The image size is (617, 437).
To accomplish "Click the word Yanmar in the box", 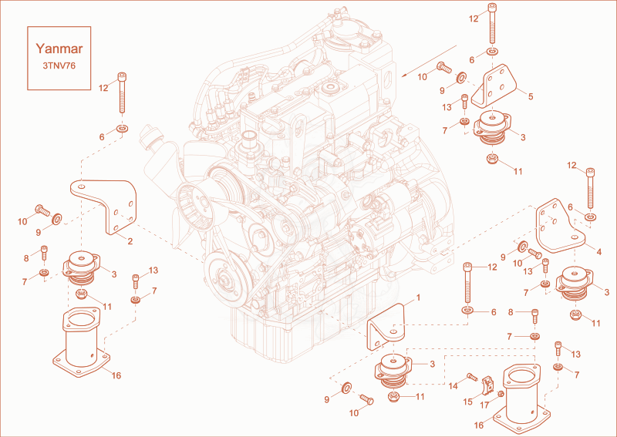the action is coord(59,49).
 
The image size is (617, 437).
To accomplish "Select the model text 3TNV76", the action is coord(59,66).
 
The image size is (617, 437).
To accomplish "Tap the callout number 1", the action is coord(418,297).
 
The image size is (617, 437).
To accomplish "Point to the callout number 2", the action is coord(130,241).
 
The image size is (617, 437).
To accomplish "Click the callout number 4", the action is coord(599,252).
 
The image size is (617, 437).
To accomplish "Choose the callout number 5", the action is coord(531,96).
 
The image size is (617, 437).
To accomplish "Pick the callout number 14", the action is coord(453,386).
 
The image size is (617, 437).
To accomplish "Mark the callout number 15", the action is coord(467,402).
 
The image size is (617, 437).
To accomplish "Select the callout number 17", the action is coord(485,405).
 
